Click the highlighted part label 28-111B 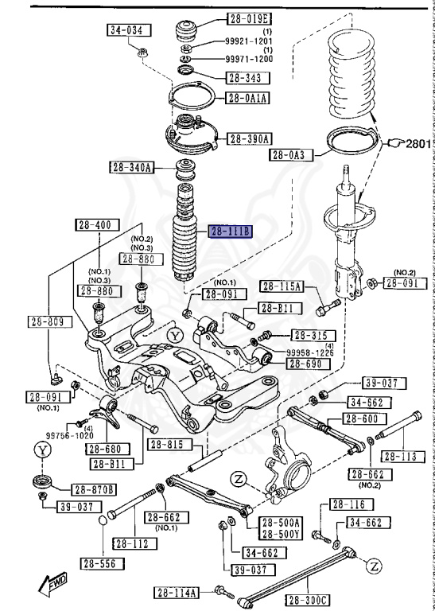(x=229, y=232)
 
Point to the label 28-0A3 (x=291, y=154)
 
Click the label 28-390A (x=250, y=138)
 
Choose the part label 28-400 (x=93, y=225)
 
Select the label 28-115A (x=283, y=286)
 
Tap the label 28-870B (x=93, y=489)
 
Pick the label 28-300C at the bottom (x=307, y=599)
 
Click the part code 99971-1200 (x=248, y=60)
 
